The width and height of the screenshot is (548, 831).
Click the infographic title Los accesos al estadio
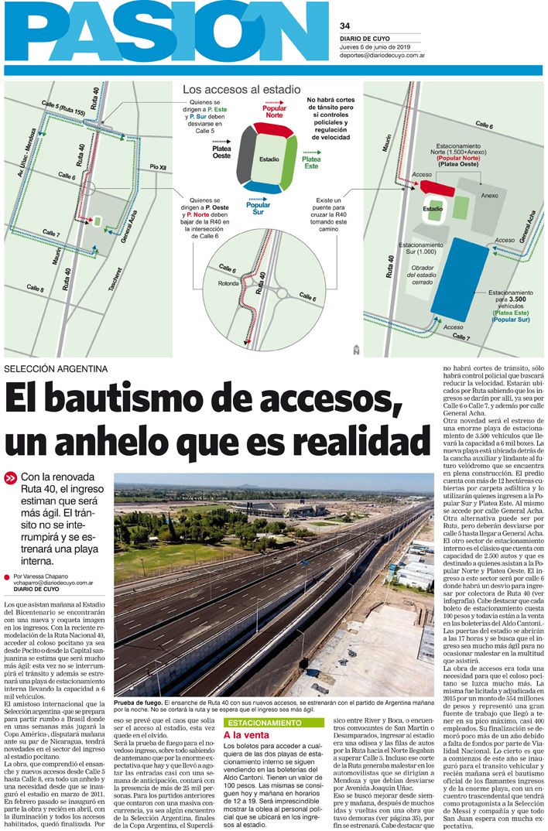coord(241,90)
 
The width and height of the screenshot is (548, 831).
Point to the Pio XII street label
coord(158,167)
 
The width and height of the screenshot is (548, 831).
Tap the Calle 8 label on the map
coord(36,288)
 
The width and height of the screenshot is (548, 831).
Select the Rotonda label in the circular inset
coord(230,283)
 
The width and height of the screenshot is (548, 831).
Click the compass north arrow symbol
coord(355,348)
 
